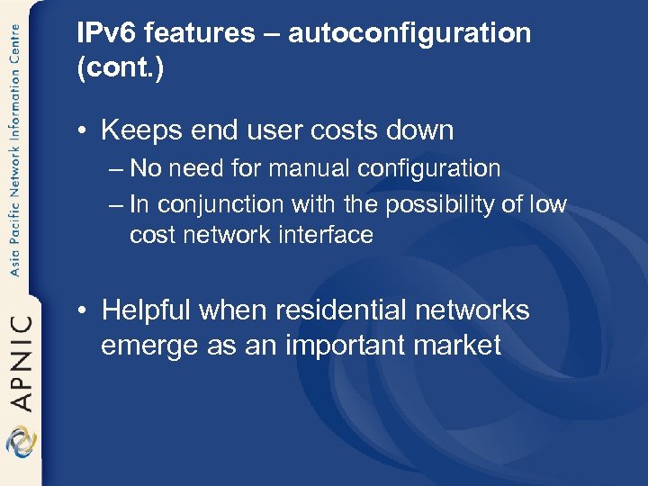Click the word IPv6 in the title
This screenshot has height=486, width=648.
106,34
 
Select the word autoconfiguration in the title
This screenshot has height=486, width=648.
410,34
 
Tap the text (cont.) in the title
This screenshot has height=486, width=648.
121,69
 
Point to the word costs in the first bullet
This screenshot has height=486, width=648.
337,130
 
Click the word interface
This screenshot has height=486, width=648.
326,235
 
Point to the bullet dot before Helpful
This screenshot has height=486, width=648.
82,311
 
